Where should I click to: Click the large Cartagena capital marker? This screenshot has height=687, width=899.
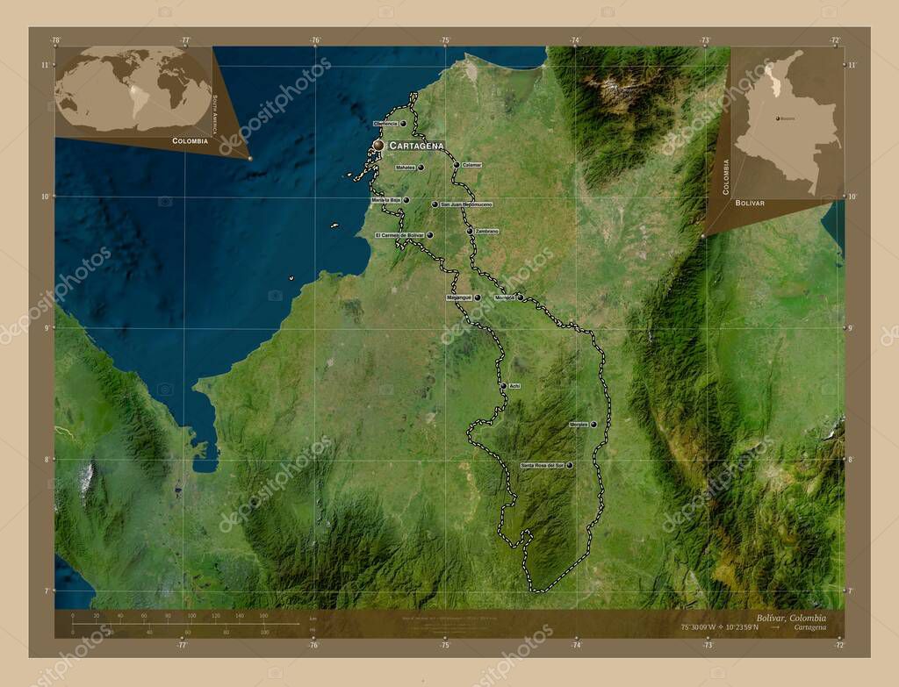378,145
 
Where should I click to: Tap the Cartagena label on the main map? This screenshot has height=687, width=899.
416,145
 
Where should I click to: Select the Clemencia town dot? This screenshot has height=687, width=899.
403,124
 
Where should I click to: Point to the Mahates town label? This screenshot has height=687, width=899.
405,167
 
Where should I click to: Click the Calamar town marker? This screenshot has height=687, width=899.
456,165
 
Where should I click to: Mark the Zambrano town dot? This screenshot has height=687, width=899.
470,231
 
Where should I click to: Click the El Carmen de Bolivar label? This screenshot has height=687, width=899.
399,235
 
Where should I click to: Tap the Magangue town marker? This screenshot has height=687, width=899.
478,297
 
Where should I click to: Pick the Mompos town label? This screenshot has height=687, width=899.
504,297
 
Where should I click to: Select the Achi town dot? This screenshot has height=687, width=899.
503,386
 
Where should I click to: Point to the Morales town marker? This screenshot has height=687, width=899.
594,425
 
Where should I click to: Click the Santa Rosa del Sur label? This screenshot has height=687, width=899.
542,465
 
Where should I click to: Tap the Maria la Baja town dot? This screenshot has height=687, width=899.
406,200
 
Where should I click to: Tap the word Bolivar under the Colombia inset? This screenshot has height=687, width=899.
751,203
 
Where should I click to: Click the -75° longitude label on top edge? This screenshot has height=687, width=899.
445,40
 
